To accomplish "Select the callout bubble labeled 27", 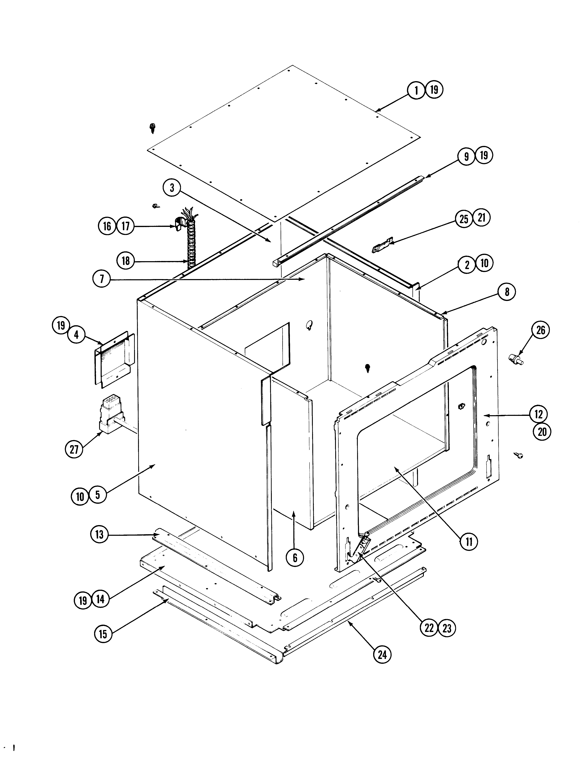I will coord(74,449).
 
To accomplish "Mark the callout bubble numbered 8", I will coord(507,292).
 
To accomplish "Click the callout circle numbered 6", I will coord(295,558).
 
